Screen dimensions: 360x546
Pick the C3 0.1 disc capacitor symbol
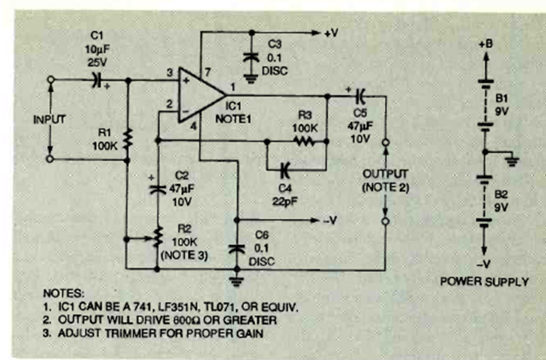[250, 57]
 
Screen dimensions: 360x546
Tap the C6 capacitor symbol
[236, 249]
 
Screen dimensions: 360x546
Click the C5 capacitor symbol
[360, 94]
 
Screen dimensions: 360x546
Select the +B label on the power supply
[486, 44]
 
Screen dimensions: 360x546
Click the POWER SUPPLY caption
[485, 281]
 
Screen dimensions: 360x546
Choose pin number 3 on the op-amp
[170, 73]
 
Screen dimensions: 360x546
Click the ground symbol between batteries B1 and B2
[511, 160]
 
